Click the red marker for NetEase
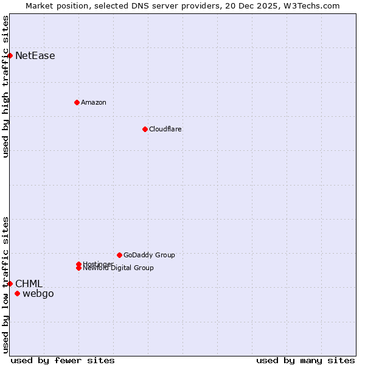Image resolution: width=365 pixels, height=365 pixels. click(10, 55)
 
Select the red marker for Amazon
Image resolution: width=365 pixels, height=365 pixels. click(77, 102)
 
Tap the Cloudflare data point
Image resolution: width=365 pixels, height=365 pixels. click(145, 129)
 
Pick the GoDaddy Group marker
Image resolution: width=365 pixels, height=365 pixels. click(119, 255)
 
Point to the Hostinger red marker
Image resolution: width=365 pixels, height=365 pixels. click(78, 264)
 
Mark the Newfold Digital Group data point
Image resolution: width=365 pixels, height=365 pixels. click(78, 268)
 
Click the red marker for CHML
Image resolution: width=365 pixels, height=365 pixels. click(10, 283)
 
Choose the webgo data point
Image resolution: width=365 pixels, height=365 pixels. click(17, 294)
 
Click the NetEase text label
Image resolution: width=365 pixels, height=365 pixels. click(35, 56)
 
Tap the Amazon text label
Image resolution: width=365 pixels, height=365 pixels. click(94, 102)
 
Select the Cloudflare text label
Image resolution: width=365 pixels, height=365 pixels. click(165, 129)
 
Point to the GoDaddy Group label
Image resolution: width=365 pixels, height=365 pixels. click(149, 255)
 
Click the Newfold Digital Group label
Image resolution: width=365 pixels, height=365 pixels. click(119, 268)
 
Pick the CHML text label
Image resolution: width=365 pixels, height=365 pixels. click(29, 283)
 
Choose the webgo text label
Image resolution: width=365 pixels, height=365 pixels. click(38, 294)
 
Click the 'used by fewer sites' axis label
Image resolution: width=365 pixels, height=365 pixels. click(63, 360)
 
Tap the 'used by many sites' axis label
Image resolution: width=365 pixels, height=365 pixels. click(305, 360)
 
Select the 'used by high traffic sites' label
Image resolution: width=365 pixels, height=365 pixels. click(5, 86)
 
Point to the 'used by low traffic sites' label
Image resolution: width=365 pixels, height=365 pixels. click(5, 284)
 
